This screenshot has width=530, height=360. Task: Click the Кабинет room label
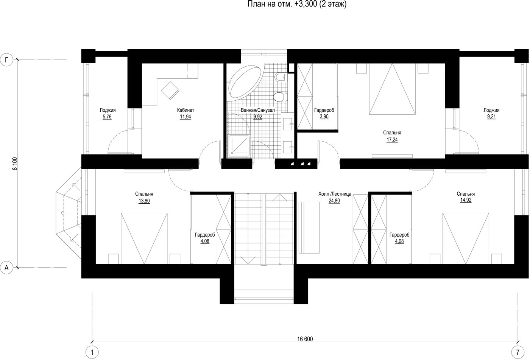(185, 110)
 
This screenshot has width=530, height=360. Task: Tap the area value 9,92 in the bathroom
(258, 117)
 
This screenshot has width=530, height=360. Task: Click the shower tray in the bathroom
(239, 146)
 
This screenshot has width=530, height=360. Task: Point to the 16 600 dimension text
(305, 339)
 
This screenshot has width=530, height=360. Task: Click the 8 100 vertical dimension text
(15, 164)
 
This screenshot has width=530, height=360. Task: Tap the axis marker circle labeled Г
(6, 60)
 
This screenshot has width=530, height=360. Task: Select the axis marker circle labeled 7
(518, 352)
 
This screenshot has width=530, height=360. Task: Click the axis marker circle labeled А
(6, 268)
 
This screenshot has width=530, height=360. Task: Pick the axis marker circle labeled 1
(92, 352)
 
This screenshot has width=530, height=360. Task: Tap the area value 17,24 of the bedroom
(392, 140)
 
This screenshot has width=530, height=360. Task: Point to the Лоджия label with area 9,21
(491, 110)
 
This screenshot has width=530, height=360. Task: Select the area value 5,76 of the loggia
(107, 117)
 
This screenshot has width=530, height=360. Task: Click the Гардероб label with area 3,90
(324, 110)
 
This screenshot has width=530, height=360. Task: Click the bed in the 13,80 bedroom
(144, 238)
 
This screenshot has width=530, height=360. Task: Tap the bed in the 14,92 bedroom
(466, 238)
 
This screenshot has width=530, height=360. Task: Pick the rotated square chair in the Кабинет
(170, 90)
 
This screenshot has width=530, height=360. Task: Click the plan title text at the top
(297, 4)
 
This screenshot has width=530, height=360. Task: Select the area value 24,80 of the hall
(334, 201)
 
